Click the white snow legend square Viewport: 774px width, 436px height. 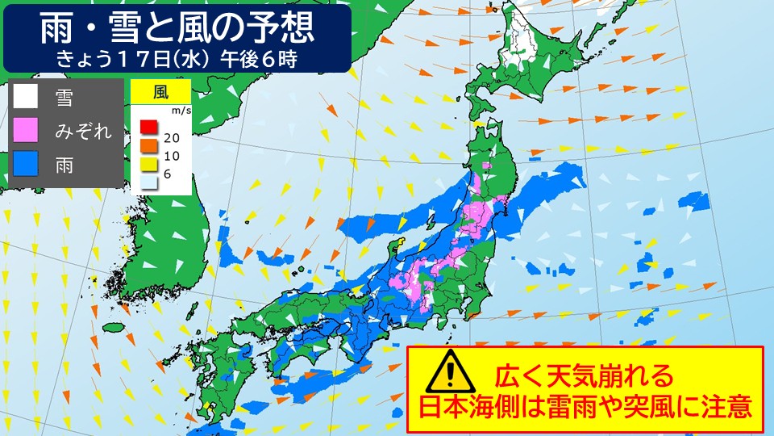pyautogui.click(x=26, y=97)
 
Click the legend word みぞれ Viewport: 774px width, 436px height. pyautogui.click(x=83, y=132)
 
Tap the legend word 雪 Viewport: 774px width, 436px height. pyautogui.click(x=64, y=98)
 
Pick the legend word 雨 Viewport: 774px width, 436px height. pyautogui.click(x=64, y=166)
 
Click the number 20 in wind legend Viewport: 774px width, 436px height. pyautogui.click(x=171, y=137)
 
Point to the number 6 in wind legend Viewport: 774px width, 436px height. pyautogui.click(x=166, y=175)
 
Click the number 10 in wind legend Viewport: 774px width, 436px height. pyautogui.click(x=171, y=156)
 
